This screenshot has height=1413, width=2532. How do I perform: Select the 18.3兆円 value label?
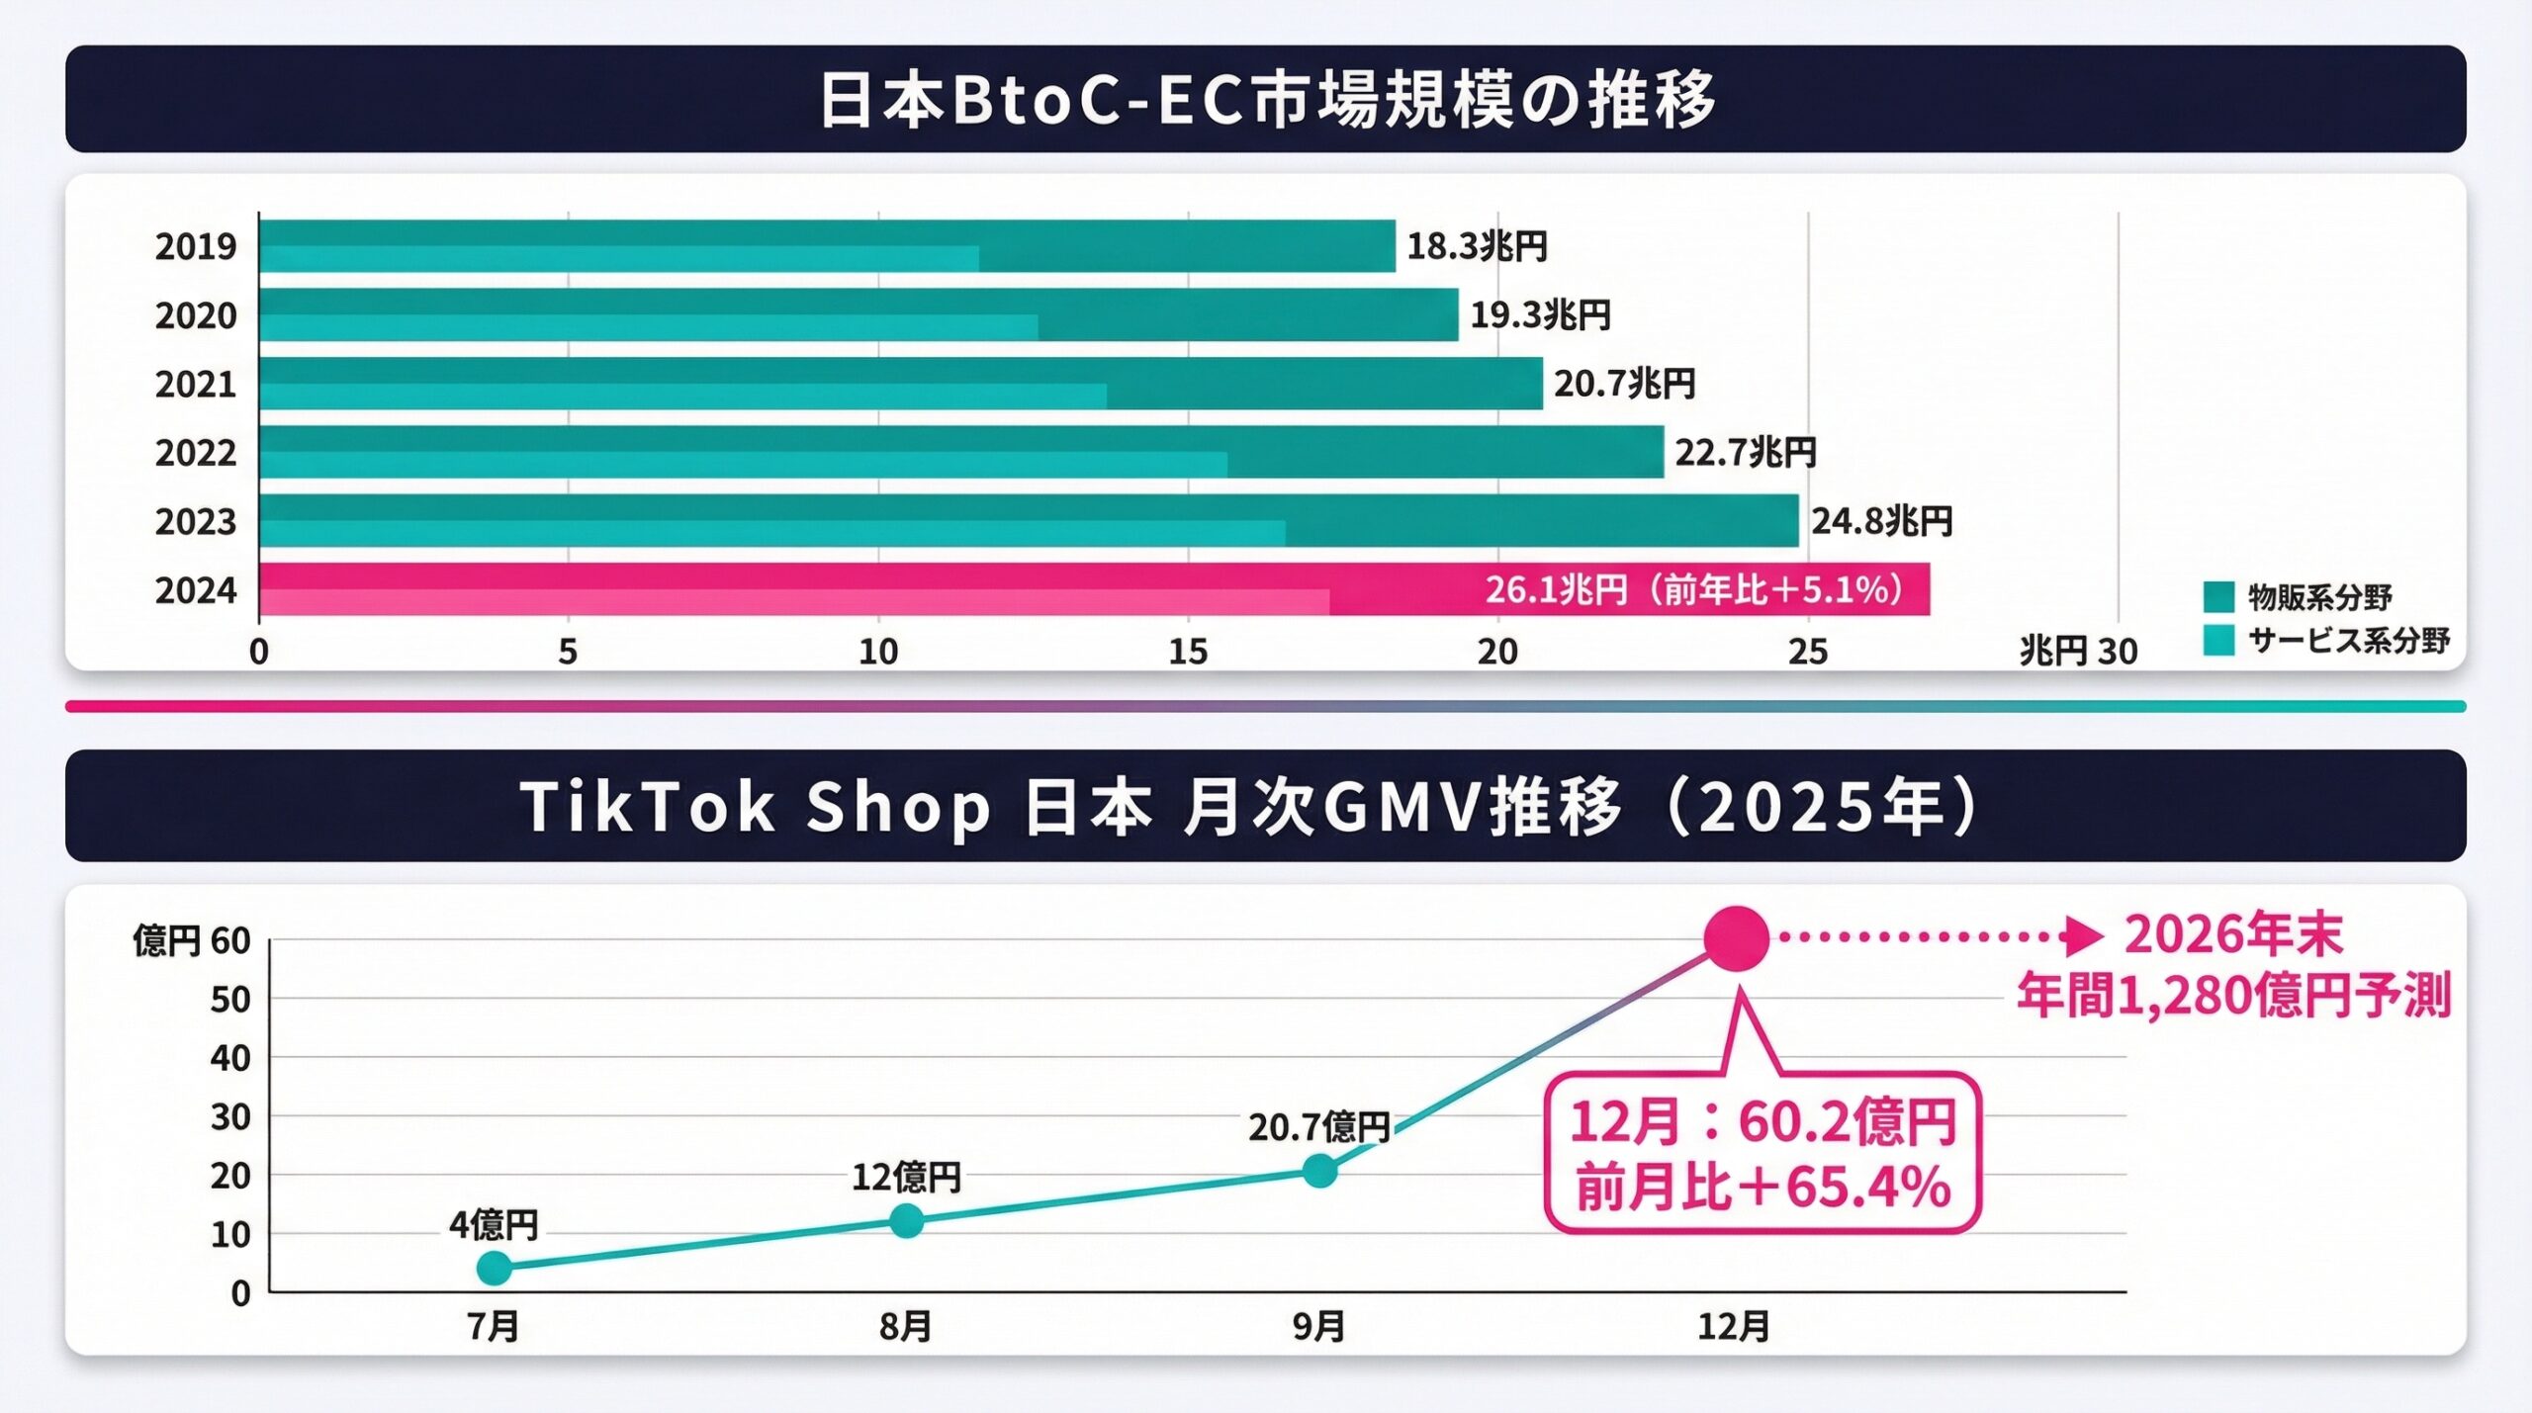[x=1477, y=246]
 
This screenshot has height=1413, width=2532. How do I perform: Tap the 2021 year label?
[x=196, y=384]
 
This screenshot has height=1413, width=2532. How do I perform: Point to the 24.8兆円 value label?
[x=1881, y=521]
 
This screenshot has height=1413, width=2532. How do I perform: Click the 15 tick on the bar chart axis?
[x=1188, y=652]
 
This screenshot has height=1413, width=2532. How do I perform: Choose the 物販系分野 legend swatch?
[x=2218, y=597]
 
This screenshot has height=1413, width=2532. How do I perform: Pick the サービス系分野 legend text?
[x=2349, y=641]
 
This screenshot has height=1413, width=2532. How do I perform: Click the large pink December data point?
[x=1736, y=937]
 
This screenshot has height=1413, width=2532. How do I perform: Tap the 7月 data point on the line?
[x=495, y=1268]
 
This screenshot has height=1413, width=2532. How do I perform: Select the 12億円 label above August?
[x=906, y=1177]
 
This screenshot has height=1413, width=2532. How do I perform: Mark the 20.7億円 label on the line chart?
[x=1318, y=1127]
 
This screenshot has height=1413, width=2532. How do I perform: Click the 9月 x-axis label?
[x=1318, y=1327]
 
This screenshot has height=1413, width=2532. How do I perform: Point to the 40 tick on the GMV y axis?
[x=229, y=1058]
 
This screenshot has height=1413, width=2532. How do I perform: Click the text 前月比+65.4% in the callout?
[x=1763, y=1188]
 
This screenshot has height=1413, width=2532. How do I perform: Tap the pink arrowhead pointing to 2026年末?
[x=2085, y=936]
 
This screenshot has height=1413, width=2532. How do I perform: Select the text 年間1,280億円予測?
[x=2234, y=996]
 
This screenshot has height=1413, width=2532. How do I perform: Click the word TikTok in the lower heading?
[x=647, y=807]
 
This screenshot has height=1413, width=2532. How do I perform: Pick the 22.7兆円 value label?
[x=1745, y=453]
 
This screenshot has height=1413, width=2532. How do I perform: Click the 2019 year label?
[x=196, y=246]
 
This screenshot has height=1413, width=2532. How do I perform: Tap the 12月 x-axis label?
[x=1734, y=1327]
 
